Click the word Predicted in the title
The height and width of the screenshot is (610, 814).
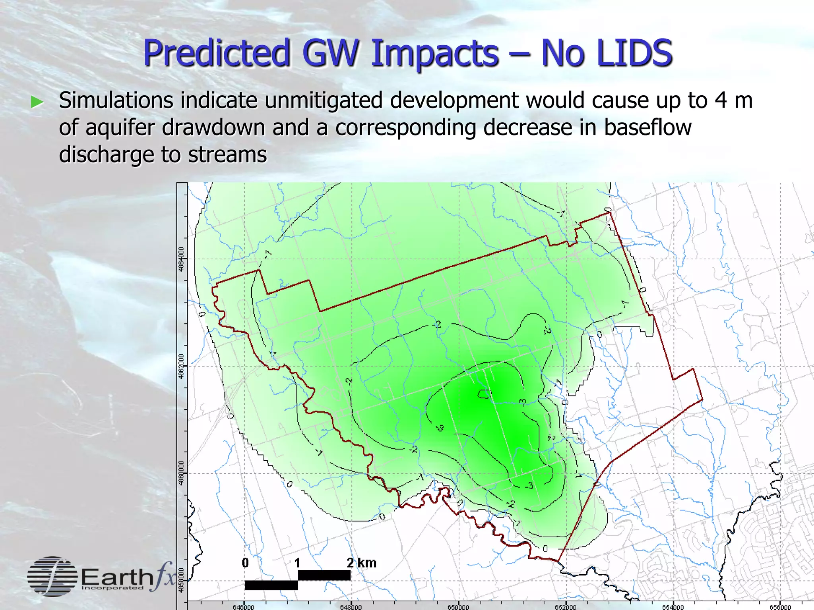[x=216, y=53]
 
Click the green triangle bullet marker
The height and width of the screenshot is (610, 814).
[x=37, y=102]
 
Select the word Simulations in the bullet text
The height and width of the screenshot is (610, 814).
[x=116, y=100]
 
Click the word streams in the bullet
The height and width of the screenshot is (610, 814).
[x=227, y=154]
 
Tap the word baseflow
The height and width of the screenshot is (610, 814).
[x=647, y=127]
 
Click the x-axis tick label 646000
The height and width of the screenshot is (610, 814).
[x=243, y=607]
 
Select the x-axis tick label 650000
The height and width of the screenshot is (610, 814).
[x=458, y=607]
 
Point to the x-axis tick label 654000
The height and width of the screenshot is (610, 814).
[x=673, y=607]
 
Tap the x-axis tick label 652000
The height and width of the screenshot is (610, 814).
[x=566, y=607]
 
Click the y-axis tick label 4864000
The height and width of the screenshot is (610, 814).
[x=182, y=259]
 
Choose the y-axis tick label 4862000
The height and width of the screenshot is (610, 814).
[x=182, y=366]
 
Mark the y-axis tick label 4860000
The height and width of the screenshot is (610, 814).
[x=182, y=473]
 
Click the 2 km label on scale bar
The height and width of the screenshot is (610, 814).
[x=361, y=563]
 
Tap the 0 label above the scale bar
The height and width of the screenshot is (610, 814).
[x=245, y=563]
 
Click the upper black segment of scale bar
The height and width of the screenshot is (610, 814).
[x=324, y=575]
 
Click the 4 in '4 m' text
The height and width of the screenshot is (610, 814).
[x=721, y=100]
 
